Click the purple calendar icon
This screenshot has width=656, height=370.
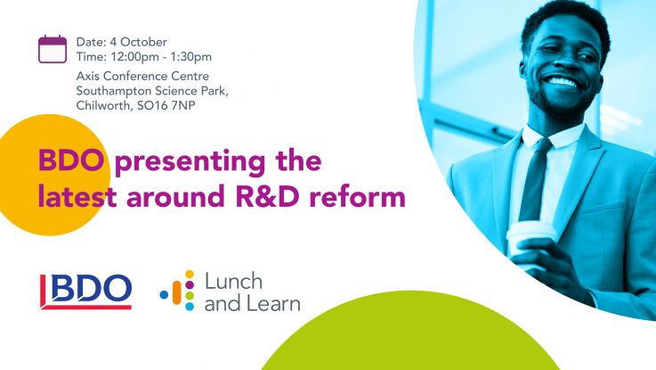coord(53,49)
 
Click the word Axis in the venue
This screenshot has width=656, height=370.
coord(88,76)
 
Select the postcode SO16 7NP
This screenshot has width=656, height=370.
coord(166,105)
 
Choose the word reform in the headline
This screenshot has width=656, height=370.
coord(358,195)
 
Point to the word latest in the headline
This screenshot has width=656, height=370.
coord(77,195)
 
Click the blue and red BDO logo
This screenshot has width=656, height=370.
coord(85,292)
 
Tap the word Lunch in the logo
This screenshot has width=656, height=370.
coord(233,281)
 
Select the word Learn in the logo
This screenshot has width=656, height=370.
coord(273,303)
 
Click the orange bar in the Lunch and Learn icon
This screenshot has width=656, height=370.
coord(176,292)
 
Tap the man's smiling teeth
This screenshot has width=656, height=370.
coord(562,81)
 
